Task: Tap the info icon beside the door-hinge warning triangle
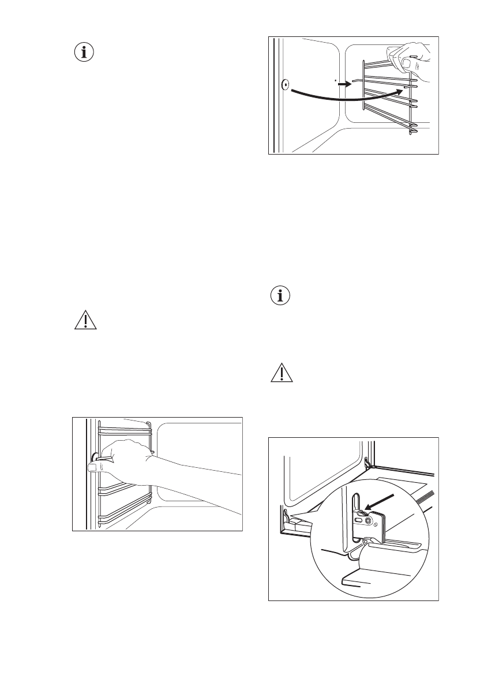pyautogui.click(x=281, y=296)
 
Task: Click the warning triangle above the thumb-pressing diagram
pyautogui.click(x=85, y=320)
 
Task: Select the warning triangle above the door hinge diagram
pyautogui.click(x=281, y=374)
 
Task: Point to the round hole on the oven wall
pyautogui.click(x=285, y=85)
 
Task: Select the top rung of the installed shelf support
pyautogui.click(x=124, y=429)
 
